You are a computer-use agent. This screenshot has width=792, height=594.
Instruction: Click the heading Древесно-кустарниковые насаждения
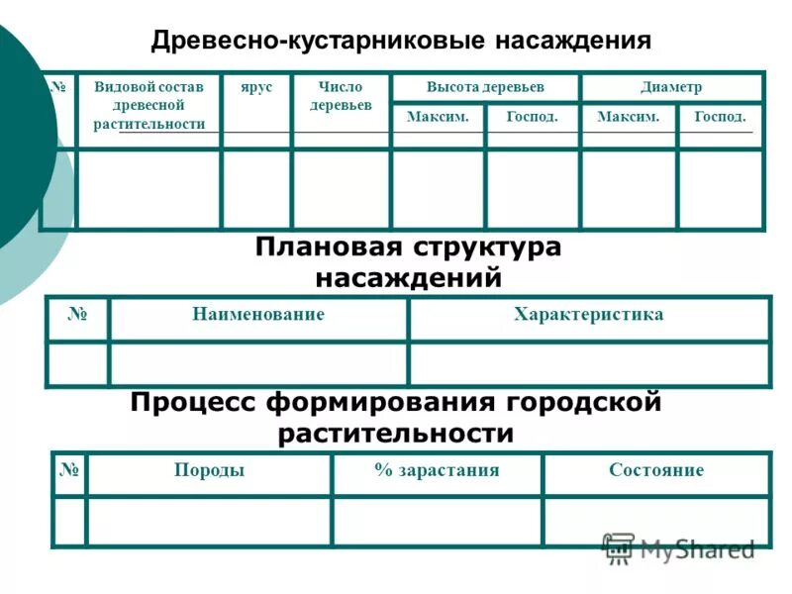pyautogui.click(x=401, y=41)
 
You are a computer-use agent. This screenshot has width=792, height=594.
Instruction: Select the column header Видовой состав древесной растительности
pyautogui.click(x=149, y=105)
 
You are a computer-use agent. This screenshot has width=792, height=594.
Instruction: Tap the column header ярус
pyautogui.click(x=255, y=88)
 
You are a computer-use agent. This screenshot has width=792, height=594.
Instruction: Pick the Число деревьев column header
pyautogui.click(x=341, y=96)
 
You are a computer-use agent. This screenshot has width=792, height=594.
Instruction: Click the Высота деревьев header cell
pyautogui.click(x=485, y=87)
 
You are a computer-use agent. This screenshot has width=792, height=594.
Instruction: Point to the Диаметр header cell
pyautogui.click(x=671, y=87)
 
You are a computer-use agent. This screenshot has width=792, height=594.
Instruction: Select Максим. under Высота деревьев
pyautogui.click(x=438, y=117)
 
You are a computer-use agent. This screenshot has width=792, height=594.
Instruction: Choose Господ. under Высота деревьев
pyautogui.click(x=532, y=117)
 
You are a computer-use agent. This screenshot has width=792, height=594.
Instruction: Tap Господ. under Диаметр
pyautogui.click(x=721, y=117)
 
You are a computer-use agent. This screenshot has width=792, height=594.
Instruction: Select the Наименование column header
pyautogui.click(x=258, y=315)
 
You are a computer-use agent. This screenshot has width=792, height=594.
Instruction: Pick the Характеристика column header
pyautogui.click(x=589, y=315)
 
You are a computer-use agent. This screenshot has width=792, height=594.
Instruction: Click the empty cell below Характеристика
pyautogui.click(x=589, y=363)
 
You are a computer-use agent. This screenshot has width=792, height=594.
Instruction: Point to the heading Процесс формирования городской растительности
pyautogui.click(x=396, y=418)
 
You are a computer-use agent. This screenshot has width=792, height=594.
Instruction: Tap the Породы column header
pyautogui.click(x=209, y=470)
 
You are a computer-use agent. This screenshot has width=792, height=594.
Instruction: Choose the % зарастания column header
pyautogui.click(x=437, y=470)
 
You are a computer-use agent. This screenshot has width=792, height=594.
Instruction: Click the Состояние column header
pyautogui.click(x=656, y=470)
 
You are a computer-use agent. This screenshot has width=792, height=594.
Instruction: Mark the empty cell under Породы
pyautogui.click(x=209, y=521)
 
